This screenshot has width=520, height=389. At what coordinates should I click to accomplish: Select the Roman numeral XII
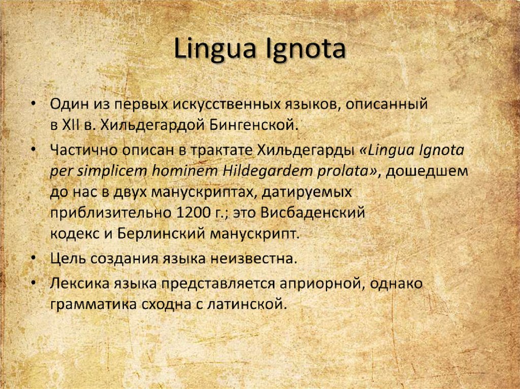[x=68, y=124]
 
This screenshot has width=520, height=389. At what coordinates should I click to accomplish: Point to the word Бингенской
[x=252, y=124]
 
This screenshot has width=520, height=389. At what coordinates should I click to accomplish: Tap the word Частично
[x=81, y=151]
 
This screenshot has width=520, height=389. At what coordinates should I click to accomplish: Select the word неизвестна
[x=251, y=259]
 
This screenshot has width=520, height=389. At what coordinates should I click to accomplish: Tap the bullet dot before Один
[x=34, y=103]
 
